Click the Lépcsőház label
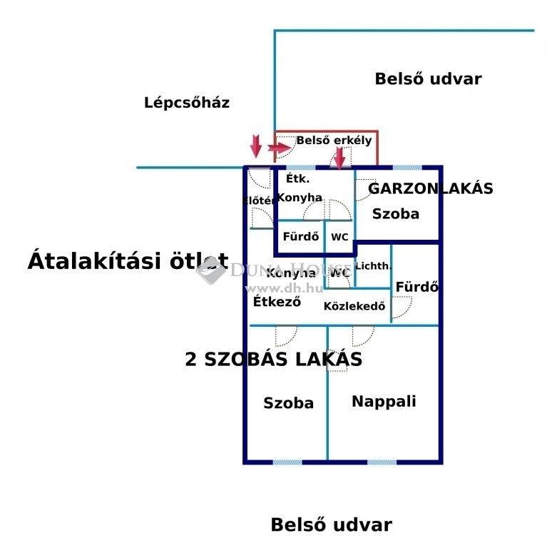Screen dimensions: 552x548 tap(187, 103)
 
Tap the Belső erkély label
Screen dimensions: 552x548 tap(334, 140)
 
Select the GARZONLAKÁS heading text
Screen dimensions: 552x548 tap(430, 188)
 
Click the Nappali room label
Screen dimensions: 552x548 tap(384, 402)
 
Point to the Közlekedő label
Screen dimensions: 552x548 tap(354, 306)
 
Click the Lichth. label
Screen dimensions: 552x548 tap(373, 266)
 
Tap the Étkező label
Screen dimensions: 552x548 tap(277, 301)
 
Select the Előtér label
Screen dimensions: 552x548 tap(258, 201)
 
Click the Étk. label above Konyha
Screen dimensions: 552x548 tap(297, 178)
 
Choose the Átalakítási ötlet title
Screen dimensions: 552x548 tap(128, 261)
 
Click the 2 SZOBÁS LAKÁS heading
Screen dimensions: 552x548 tap(274, 359)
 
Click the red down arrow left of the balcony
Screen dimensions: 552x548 tap(256, 146)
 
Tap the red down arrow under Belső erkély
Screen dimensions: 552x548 tap(339, 158)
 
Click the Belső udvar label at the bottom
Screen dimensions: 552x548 tap(331, 524)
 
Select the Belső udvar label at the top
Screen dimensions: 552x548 tap(428, 79)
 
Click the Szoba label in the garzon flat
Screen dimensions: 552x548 tap(396, 214)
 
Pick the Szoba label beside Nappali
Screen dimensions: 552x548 tap(288, 403)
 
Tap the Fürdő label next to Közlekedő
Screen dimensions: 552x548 tap(417, 287)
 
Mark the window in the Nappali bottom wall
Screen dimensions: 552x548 tap(382, 462)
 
